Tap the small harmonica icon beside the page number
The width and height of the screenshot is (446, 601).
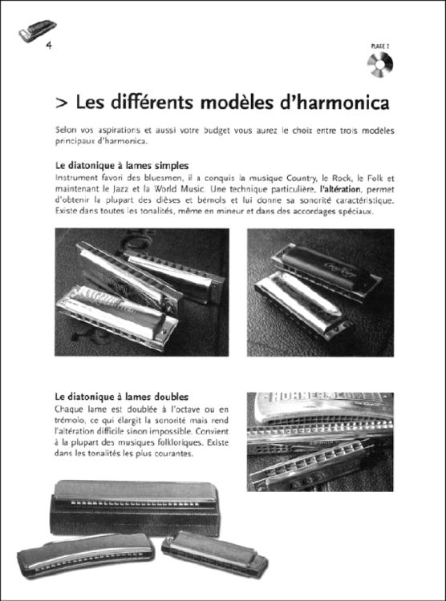coord(30,32)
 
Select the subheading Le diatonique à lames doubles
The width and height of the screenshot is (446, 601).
coord(122,396)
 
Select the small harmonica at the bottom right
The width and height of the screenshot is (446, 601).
coord(214,553)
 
